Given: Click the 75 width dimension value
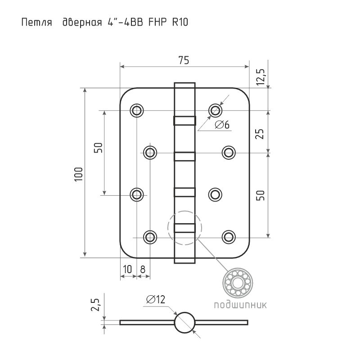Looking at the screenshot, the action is (184, 60).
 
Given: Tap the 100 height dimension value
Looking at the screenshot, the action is (78, 174).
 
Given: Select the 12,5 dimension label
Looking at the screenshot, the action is (261, 77).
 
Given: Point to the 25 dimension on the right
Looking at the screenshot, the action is (260, 134).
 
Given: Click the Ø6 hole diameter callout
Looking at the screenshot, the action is (222, 125).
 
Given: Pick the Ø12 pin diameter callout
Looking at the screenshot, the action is (156, 299).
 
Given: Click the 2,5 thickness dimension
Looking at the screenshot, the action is (95, 305).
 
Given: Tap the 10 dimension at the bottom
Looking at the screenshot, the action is (128, 269).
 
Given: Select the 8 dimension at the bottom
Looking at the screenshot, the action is (143, 269).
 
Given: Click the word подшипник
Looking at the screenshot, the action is (240, 305).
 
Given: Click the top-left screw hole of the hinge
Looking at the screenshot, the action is (137, 110).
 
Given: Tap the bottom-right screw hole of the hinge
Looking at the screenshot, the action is (229, 237).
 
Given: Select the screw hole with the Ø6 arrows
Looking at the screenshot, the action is (215, 110).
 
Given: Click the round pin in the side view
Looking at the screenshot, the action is (185, 322).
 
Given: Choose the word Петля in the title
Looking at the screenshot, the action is (37, 22).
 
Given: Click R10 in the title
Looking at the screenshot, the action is (180, 22).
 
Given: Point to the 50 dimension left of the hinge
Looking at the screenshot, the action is (98, 148).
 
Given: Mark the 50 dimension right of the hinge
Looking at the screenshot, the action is (260, 195).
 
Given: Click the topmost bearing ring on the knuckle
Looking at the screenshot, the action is (184, 121).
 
